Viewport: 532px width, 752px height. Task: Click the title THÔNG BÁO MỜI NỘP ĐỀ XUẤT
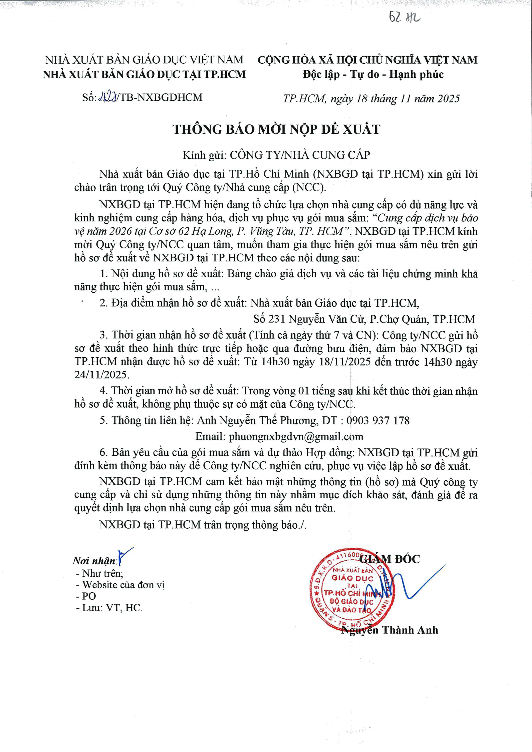[x=276, y=129]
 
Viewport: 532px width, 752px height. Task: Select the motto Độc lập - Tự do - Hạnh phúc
[x=373, y=74]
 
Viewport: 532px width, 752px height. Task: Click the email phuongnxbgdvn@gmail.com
[x=296, y=437]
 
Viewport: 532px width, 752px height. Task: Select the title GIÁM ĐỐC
[x=390, y=559]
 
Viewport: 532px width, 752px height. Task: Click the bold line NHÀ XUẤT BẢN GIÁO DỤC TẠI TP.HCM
[x=144, y=74]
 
